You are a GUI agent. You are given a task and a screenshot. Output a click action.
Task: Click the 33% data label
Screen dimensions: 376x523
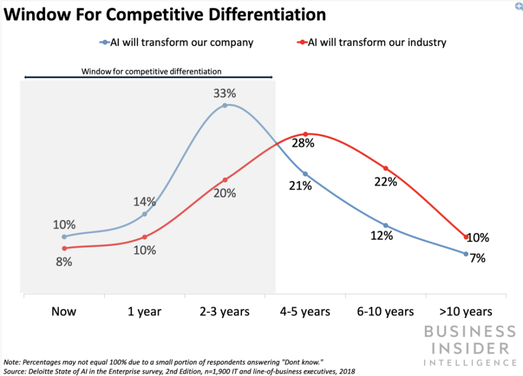click(x=225, y=94)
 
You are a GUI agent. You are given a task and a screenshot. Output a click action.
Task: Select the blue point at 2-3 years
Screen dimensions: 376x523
click(x=225, y=105)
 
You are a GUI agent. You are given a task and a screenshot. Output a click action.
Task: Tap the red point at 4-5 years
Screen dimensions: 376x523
click(x=305, y=134)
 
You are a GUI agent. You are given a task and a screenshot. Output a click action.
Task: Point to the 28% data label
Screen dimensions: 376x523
click(x=303, y=144)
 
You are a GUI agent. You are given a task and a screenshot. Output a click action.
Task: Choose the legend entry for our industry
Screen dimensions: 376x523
click(x=372, y=42)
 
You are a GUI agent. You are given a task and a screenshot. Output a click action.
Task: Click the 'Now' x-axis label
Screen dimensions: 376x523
click(x=64, y=312)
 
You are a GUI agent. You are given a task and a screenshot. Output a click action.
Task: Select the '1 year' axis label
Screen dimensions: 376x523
click(x=144, y=312)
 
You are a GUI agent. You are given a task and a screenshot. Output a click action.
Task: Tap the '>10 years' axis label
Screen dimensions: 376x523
click(x=466, y=312)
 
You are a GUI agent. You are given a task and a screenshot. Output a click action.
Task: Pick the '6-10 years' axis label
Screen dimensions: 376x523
click(x=386, y=312)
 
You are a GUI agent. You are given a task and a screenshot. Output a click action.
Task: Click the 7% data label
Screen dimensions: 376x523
click(x=477, y=258)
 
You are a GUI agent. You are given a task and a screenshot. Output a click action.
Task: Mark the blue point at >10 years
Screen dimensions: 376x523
click(x=466, y=254)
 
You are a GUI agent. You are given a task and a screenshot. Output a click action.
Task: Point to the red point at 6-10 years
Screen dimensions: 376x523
click(x=386, y=168)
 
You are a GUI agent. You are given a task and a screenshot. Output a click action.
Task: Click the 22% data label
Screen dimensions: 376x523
click(x=386, y=182)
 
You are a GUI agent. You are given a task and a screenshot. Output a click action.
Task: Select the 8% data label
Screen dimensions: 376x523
click(x=64, y=262)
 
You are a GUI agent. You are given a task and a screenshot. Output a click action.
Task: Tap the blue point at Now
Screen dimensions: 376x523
click(x=64, y=237)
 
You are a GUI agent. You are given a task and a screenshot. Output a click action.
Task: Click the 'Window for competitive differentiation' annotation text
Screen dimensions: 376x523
click(x=151, y=71)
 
